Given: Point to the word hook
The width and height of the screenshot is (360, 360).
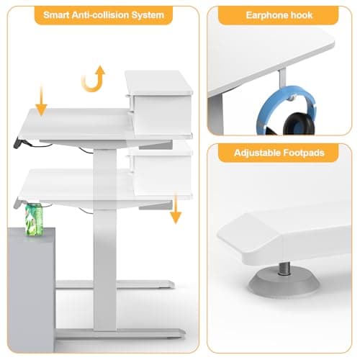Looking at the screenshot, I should [302, 14].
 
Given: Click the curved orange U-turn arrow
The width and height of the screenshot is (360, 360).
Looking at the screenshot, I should [93, 78].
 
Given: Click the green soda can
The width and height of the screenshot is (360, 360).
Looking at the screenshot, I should [34, 217].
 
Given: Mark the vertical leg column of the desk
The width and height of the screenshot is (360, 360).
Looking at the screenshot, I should [104, 238].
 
